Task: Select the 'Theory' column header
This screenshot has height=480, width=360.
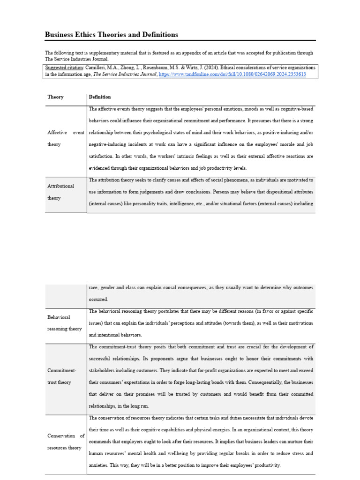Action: pos(55,97)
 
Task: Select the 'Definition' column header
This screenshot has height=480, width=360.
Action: pos(100,97)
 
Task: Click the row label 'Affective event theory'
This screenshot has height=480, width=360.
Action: pos(66,138)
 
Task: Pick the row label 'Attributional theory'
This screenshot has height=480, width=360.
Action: pos(61,192)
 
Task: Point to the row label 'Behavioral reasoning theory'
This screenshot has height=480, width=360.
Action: pos(65,323)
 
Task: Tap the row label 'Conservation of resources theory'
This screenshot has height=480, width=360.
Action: pos(66,442)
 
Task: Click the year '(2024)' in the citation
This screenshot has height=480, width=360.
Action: pos(182,67)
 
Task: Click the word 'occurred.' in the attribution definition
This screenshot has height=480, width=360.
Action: pos(98,299)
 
